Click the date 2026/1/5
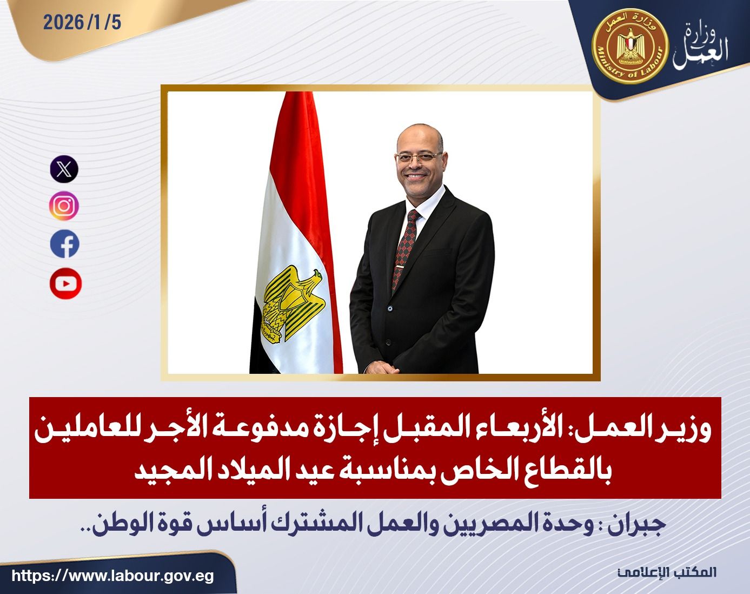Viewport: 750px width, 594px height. coord(83,23)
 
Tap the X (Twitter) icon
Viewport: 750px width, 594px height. coord(64,169)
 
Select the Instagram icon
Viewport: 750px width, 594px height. coord(64,206)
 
